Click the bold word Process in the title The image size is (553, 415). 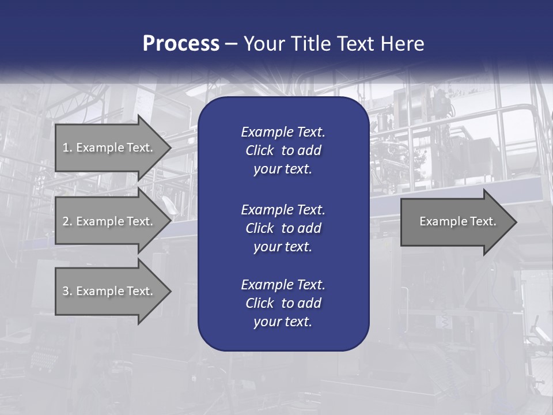tap(181, 44)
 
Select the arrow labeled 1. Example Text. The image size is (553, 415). tap(107, 148)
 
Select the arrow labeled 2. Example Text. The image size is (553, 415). tap(107, 221)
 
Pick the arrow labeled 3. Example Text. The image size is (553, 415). tap(107, 291)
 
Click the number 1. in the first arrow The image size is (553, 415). tap(67, 148)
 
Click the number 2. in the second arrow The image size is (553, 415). tap(67, 221)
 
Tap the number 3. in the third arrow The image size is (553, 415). tap(67, 291)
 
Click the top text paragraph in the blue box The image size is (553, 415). tap(283, 150)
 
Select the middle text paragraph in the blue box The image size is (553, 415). tap(283, 228)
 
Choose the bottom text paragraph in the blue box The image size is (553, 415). tap(283, 303)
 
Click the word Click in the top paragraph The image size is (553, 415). tap(259, 150)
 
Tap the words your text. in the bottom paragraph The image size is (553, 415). tap(283, 322)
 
